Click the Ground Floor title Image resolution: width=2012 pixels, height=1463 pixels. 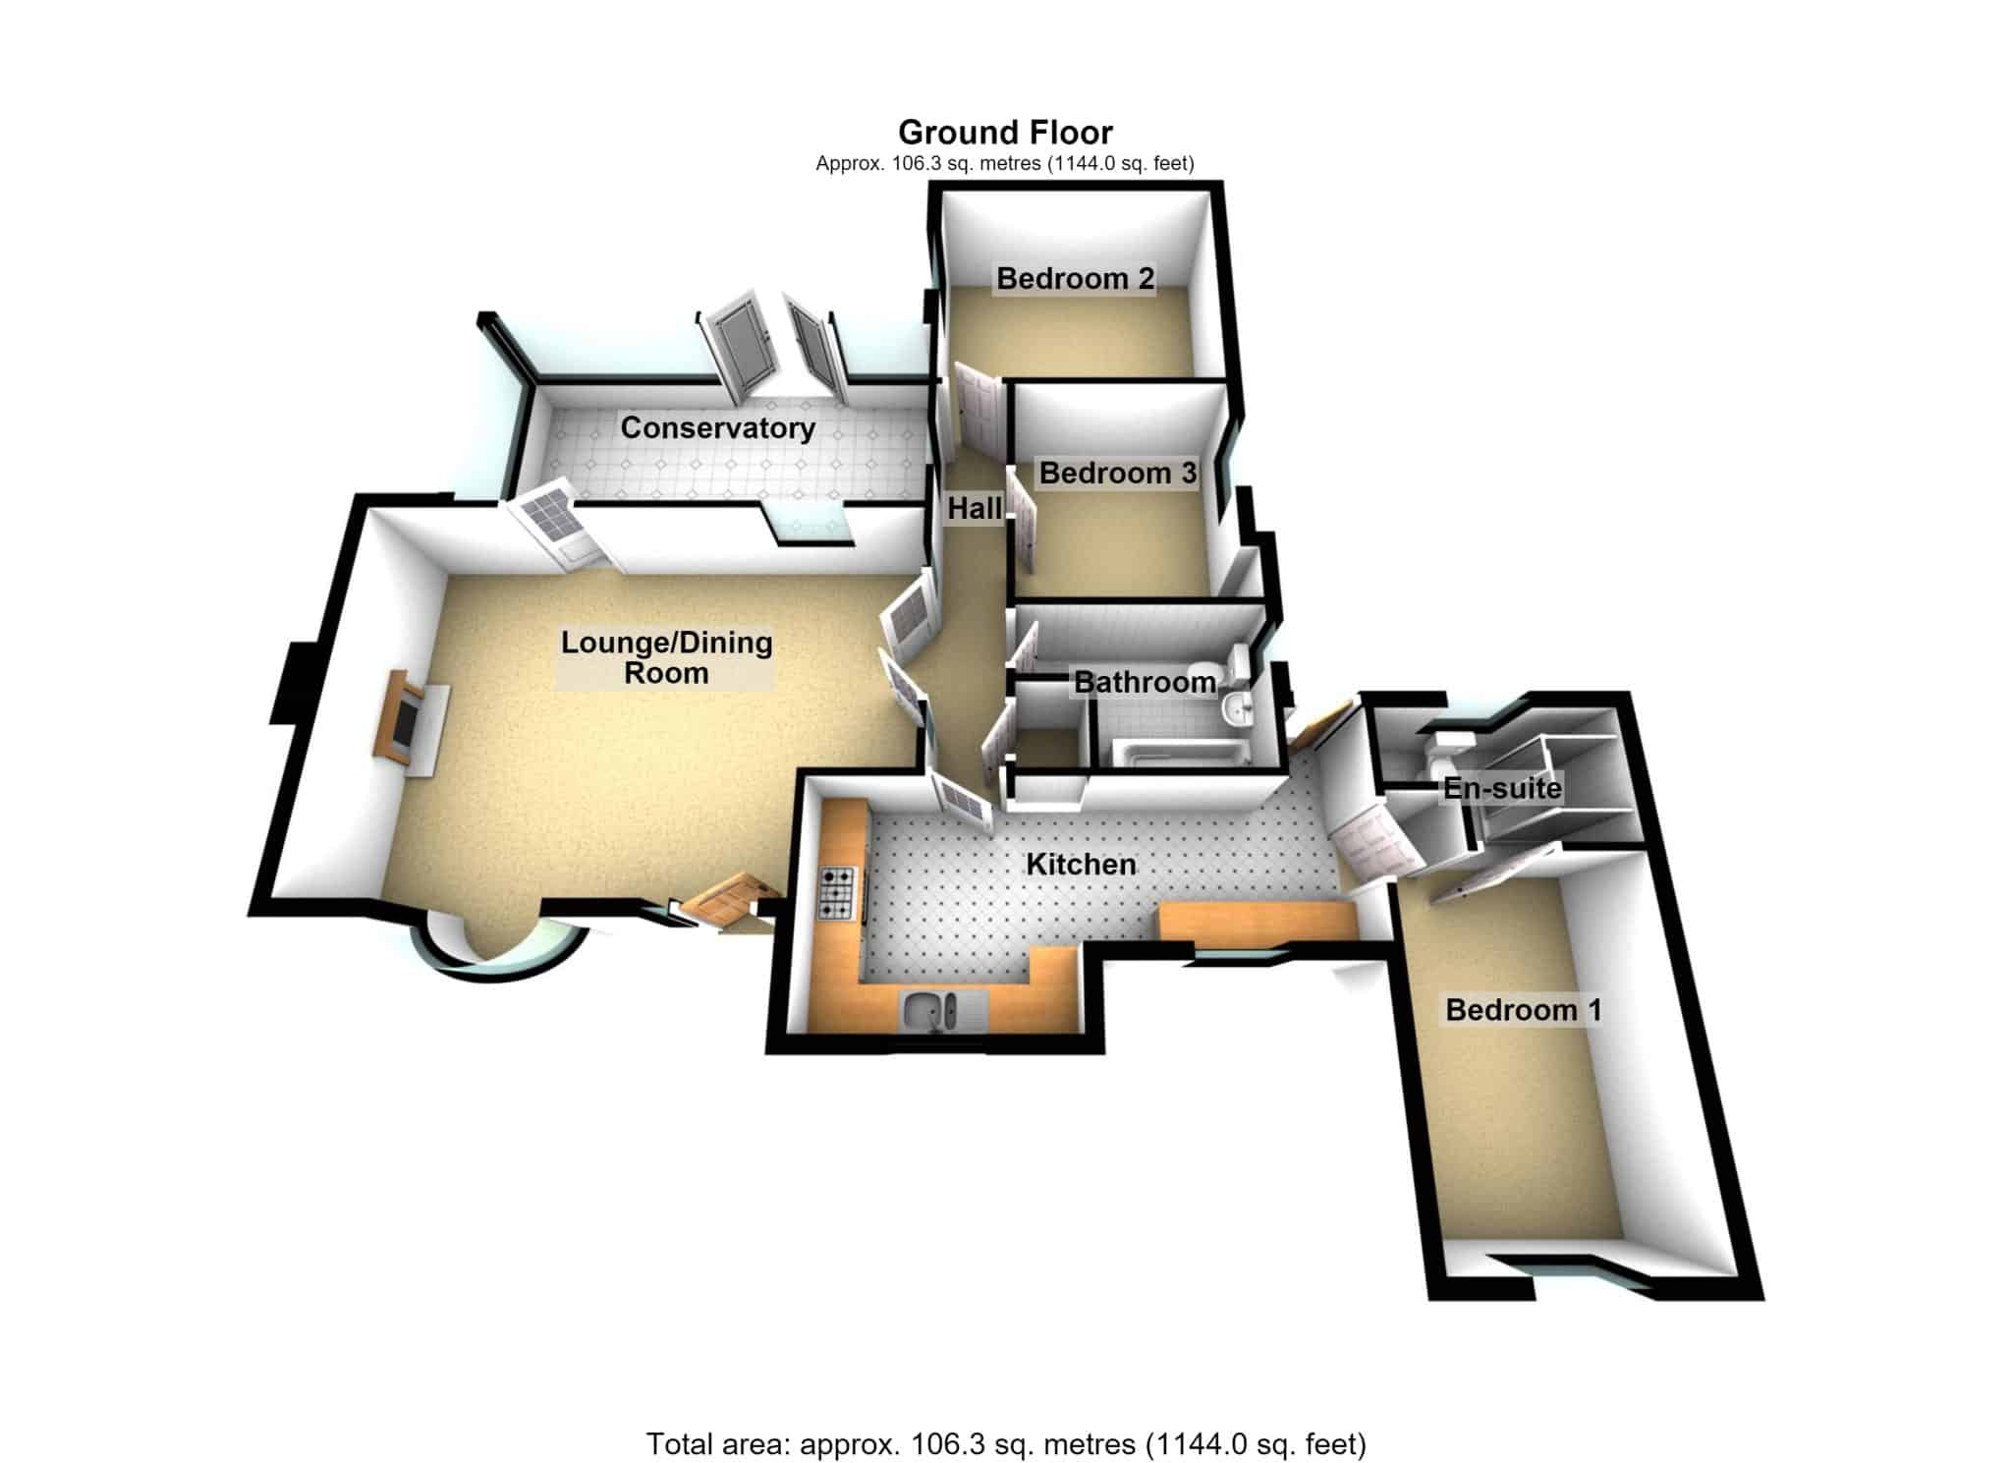(x=1005, y=132)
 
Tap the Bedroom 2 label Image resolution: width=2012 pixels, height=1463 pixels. (x=1075, y=278)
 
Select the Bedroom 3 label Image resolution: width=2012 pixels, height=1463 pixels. (x=1118, y=473)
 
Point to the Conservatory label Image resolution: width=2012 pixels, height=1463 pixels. (x=717, y=428)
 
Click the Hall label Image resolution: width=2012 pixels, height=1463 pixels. (x=975, y=508)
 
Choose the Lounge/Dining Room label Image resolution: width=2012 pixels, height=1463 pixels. (x=666, y=657)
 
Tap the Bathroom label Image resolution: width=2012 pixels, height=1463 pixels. (x=1145, y=682)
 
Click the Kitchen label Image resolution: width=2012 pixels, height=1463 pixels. (x=1081, y=865)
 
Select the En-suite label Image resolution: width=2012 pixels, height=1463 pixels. (x=1501, y=788)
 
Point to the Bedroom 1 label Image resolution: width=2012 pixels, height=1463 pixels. (x=1523, y=1010)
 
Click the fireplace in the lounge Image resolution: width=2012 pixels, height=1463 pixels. (x=411, y=716)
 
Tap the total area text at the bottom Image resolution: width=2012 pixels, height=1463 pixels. (x=1006, y=1443)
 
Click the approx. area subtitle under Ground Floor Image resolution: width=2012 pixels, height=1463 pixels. (x=1005, y=163)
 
